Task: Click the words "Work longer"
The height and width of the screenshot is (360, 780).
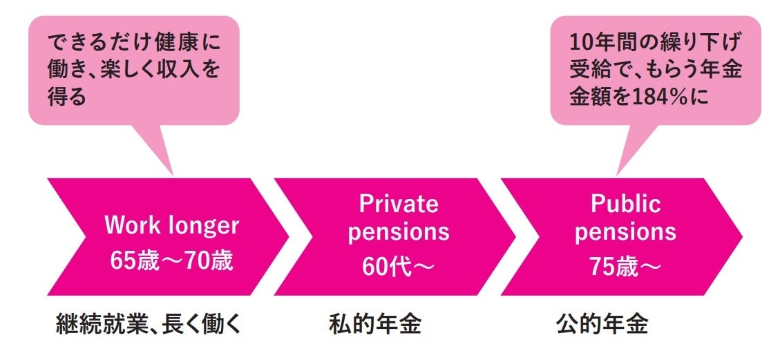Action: click(171, 225)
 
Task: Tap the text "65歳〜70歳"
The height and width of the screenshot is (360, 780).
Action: click(171, 262)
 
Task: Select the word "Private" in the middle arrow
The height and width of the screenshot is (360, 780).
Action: click(398, 203)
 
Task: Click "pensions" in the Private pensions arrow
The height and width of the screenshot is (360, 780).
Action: click(398, 232)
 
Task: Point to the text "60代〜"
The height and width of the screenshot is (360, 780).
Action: click(398, 267)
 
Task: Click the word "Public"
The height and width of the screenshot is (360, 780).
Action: click(625, 203)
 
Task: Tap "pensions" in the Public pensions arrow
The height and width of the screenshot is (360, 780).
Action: click(625, 232)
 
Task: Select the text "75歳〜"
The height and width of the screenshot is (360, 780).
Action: click(625, 267)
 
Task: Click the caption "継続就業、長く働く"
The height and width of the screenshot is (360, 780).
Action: click(148, 324)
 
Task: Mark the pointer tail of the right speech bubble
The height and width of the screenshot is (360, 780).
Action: click(625, 155)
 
